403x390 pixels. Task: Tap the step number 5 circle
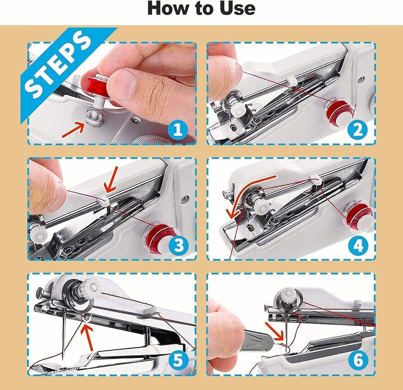[x=177, y=360]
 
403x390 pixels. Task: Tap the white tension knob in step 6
[x=289, y=293]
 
